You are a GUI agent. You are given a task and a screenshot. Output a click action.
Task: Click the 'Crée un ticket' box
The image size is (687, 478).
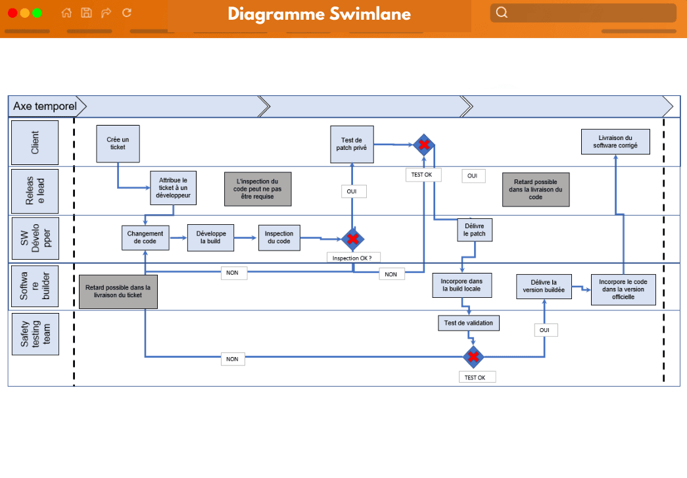click(x=118, y=143)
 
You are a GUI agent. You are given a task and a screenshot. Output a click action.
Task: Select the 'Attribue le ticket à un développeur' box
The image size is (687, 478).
click(x=174, y=188)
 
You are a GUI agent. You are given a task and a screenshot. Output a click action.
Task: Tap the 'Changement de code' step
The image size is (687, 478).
click(x=145, y=237)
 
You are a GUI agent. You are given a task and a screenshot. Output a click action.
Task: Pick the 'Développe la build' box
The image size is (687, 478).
click(x=210, y=237)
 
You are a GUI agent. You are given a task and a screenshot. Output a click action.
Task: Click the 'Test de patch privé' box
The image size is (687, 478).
click(x=352, y=144)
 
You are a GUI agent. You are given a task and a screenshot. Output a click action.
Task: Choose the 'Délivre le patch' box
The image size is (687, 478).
click(x=474, y=229)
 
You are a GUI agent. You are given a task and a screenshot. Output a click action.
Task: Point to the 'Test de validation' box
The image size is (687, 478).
click(x=469, y=323)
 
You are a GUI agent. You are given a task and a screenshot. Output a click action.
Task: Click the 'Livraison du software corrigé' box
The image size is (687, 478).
click(x=615, y=141)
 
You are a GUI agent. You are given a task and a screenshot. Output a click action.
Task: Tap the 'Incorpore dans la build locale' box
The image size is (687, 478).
click(x=462, y=285)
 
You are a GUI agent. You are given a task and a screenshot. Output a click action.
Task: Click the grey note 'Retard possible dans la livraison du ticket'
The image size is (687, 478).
click(x=118, y=291)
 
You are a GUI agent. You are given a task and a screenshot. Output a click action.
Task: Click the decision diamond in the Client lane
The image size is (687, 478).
click(x=424, y=145)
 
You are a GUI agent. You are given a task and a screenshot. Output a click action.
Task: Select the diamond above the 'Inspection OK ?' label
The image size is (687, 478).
click(x=353, y=238)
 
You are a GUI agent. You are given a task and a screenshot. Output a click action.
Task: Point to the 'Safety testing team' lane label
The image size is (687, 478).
click(x=34, y=334)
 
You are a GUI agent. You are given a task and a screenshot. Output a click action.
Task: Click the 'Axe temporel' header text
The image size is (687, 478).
click(x=45, y=106)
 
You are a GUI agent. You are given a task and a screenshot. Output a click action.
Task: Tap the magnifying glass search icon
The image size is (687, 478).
click(x=502, y=12)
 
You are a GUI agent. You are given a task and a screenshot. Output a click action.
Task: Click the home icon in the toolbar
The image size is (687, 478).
click(x=66, y=12)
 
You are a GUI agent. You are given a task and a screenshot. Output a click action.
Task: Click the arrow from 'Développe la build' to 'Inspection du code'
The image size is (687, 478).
click(x=246, y=238)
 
